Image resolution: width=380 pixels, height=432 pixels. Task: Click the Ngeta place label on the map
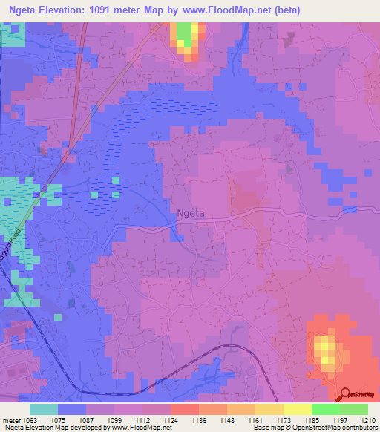191,214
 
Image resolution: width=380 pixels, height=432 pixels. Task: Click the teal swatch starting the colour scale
44,408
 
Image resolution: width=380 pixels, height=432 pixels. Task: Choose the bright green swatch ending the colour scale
354,408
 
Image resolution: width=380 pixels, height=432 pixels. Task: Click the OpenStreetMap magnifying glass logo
347,393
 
